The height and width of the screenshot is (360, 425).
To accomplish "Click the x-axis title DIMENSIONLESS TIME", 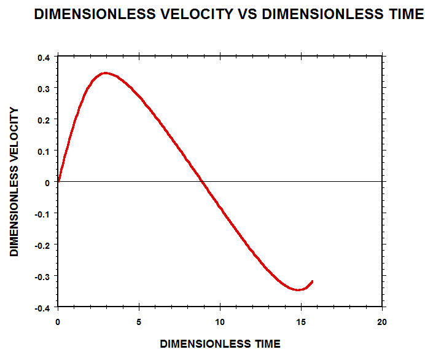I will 220,344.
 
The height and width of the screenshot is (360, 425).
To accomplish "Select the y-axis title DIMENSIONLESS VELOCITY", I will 15,182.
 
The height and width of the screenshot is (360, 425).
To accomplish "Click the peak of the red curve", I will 106,72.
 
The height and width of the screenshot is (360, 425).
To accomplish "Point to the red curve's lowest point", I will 298,289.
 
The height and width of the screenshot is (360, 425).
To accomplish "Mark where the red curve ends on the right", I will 313,281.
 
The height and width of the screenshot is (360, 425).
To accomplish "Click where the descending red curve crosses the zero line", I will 202,182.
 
